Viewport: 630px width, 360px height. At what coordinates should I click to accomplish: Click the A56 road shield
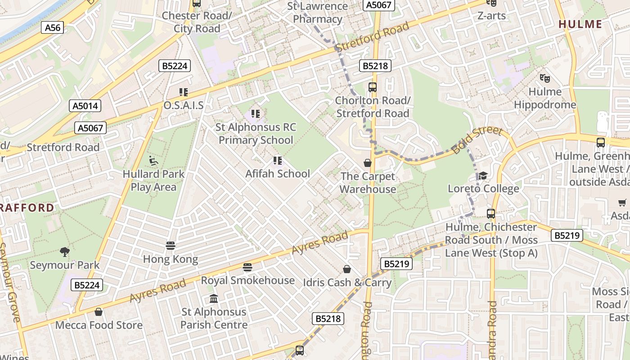52,27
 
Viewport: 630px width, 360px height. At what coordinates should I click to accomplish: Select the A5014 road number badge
85,106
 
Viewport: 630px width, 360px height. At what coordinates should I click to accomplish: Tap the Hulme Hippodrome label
545,99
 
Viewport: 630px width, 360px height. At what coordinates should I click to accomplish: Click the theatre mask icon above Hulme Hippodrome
545,78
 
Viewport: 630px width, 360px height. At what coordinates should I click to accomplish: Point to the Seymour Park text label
65,265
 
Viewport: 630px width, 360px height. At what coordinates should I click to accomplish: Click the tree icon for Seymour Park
65,252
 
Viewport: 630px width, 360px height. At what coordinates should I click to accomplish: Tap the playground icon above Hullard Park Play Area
153,161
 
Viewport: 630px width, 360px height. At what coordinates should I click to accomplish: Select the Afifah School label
278,174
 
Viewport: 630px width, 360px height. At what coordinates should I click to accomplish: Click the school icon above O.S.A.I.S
183,92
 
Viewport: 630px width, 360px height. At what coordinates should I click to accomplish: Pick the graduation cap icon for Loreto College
483,175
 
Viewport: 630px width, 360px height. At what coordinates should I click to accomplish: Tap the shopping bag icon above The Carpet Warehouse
368,163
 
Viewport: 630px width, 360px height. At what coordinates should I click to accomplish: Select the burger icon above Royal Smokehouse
247,267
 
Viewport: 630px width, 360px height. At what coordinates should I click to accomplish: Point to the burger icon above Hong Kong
170,246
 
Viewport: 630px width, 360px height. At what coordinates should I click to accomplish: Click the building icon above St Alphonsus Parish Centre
214,299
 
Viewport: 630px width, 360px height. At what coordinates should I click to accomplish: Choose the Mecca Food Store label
99,325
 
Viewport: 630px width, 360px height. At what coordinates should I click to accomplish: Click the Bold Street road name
477,140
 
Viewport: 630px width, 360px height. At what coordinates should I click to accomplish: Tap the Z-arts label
491,16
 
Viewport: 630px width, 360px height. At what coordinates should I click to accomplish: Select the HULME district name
580,24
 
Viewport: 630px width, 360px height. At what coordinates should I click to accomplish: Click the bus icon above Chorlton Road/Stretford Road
372,87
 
